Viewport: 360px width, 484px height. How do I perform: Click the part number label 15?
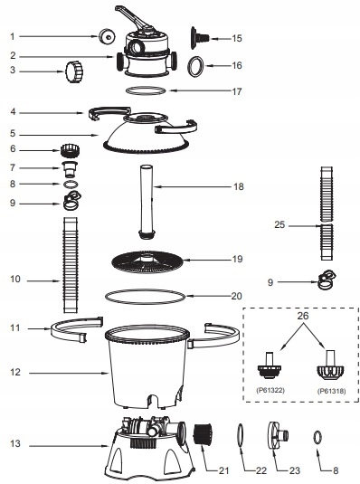tap(237, 38)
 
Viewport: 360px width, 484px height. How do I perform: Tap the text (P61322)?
tap(270, 390)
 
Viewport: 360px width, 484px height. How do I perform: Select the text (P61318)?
tap(331, 391)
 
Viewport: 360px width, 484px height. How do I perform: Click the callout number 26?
tap(303, 316)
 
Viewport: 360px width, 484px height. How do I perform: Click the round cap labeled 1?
tap(107, 36)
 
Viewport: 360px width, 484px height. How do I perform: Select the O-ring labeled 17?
tap(146, 90)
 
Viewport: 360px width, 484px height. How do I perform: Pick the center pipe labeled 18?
tap(147, 202)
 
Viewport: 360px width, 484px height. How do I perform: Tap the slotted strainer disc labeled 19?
tap(147, 261)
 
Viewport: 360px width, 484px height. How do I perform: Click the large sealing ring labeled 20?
tap(145, 297)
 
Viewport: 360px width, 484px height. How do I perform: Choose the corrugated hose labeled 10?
tap(71, 265)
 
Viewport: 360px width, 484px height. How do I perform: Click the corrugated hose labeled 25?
tap(327, 214)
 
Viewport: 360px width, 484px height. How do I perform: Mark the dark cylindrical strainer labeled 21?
tap(203, 434)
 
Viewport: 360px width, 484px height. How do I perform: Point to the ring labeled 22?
tap(241, 435)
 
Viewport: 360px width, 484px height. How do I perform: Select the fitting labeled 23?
tap(279, 435)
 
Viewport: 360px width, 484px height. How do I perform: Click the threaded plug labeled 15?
tap(199, 38)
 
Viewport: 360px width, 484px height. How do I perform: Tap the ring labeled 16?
tap(196, 66)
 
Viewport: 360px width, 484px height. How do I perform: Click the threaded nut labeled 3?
tap(74, 71)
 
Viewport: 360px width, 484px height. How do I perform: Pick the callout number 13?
tap(15, 443)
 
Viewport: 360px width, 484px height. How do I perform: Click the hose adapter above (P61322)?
tap(270, 365)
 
